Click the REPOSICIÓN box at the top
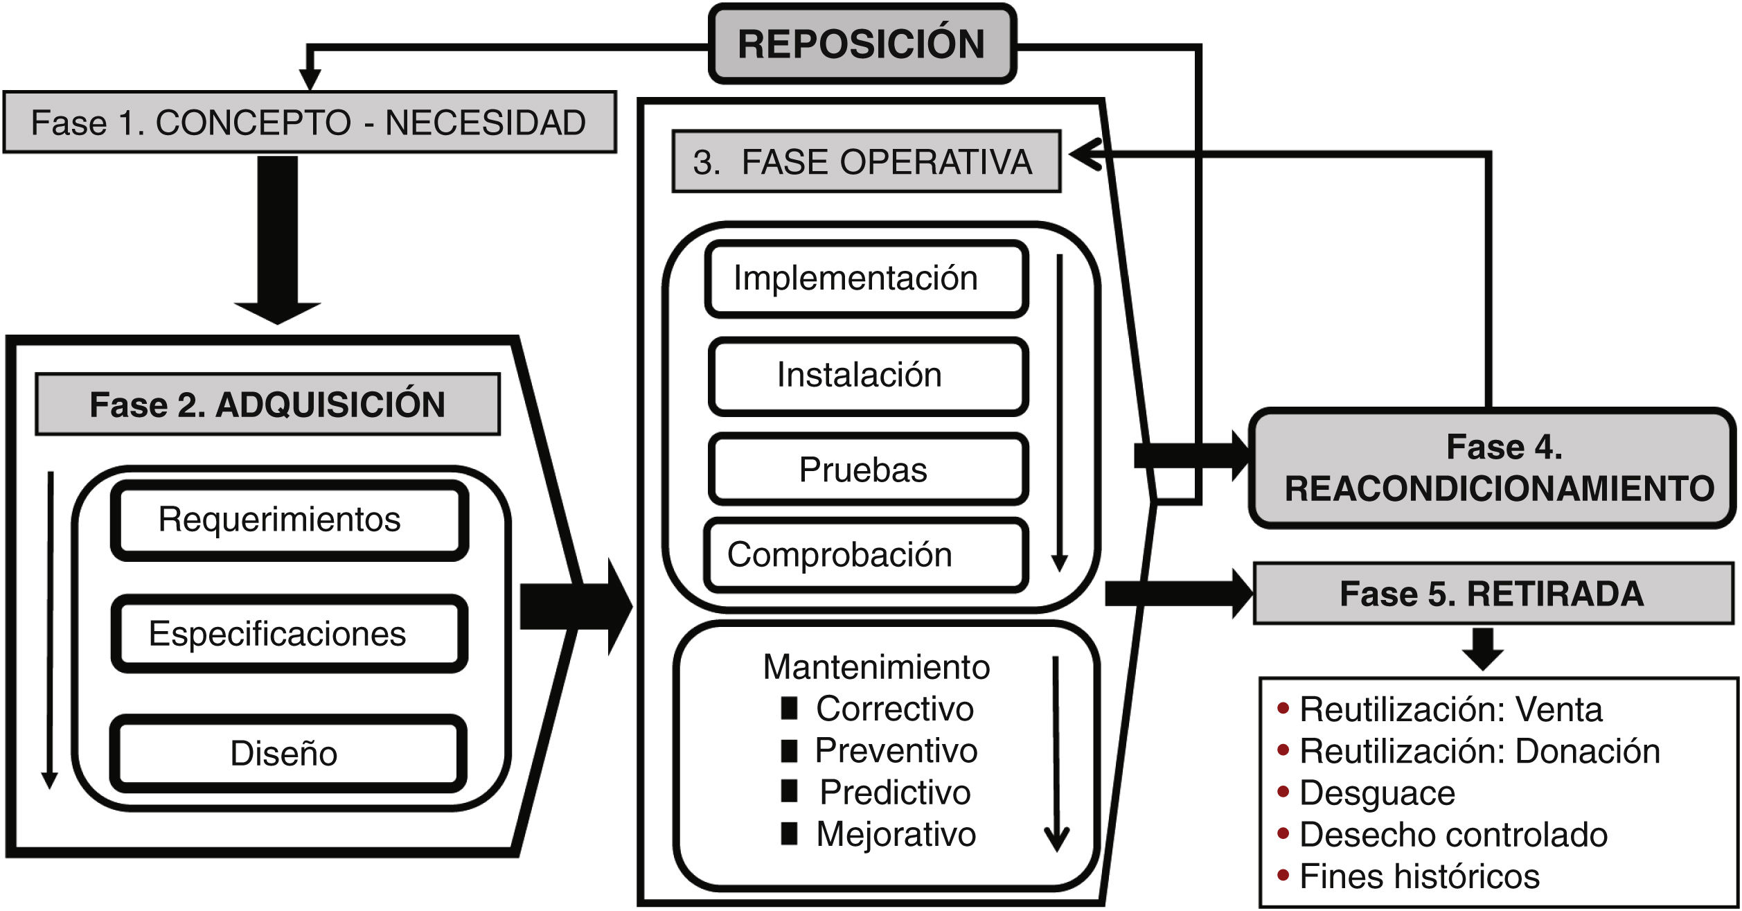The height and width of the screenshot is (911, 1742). (862, 44)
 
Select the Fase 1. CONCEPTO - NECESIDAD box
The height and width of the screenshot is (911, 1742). (309, 123)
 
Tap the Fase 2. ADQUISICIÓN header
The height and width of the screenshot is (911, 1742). (267, 405)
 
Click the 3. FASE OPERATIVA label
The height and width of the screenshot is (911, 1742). (866, 161)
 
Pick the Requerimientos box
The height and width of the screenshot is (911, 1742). (289, 520)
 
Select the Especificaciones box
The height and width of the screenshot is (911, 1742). (289, 634)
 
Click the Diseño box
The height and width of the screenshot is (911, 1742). (287, 754)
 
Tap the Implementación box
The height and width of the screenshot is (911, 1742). (866, 278)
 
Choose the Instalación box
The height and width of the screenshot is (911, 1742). (867, 375)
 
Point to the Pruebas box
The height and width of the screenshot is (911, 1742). (867, 470)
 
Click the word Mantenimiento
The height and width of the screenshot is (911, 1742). (876, 667)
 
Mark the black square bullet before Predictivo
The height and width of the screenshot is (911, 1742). (789, 791)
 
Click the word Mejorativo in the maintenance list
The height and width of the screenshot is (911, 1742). (896, 834)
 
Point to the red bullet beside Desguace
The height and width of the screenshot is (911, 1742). (1283, 791)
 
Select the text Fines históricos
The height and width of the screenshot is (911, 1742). (1419, 876)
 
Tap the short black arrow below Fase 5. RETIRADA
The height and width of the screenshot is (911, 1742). (1482, 649)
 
